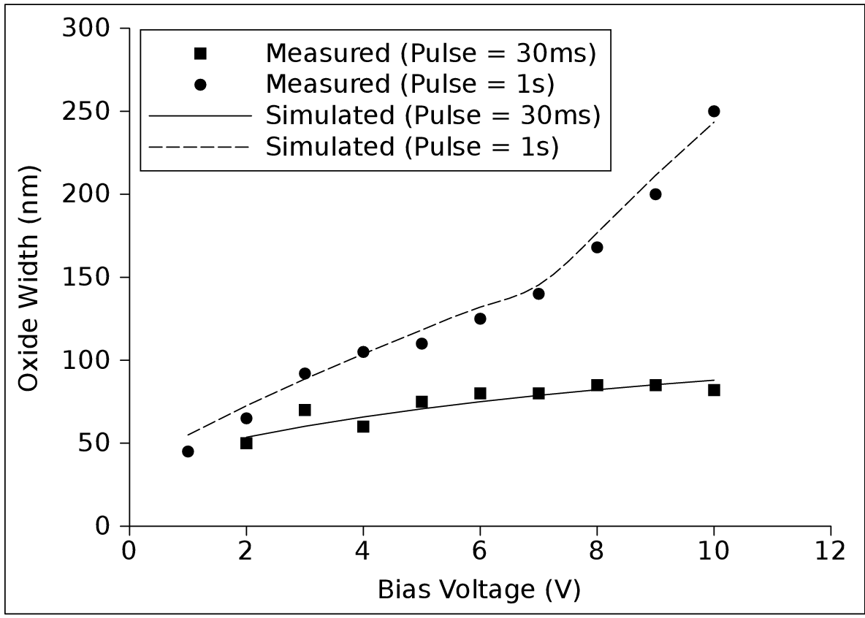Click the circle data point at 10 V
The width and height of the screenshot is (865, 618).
714,111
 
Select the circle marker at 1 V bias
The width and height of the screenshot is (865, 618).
188,451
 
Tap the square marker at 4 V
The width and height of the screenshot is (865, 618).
363,427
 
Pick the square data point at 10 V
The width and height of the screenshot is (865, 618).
714,390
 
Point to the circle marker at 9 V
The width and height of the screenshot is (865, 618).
655,194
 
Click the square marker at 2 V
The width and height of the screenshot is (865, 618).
246,443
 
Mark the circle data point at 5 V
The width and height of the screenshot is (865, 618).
422,343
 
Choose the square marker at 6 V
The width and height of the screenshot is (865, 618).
480,393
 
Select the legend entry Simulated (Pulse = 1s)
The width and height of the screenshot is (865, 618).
412,147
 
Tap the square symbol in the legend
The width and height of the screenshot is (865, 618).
200,53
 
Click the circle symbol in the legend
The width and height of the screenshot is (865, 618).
200,85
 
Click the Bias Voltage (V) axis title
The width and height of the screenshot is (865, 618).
479,590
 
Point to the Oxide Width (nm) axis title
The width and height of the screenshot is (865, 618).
28,278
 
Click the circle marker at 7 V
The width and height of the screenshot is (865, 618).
538,294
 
